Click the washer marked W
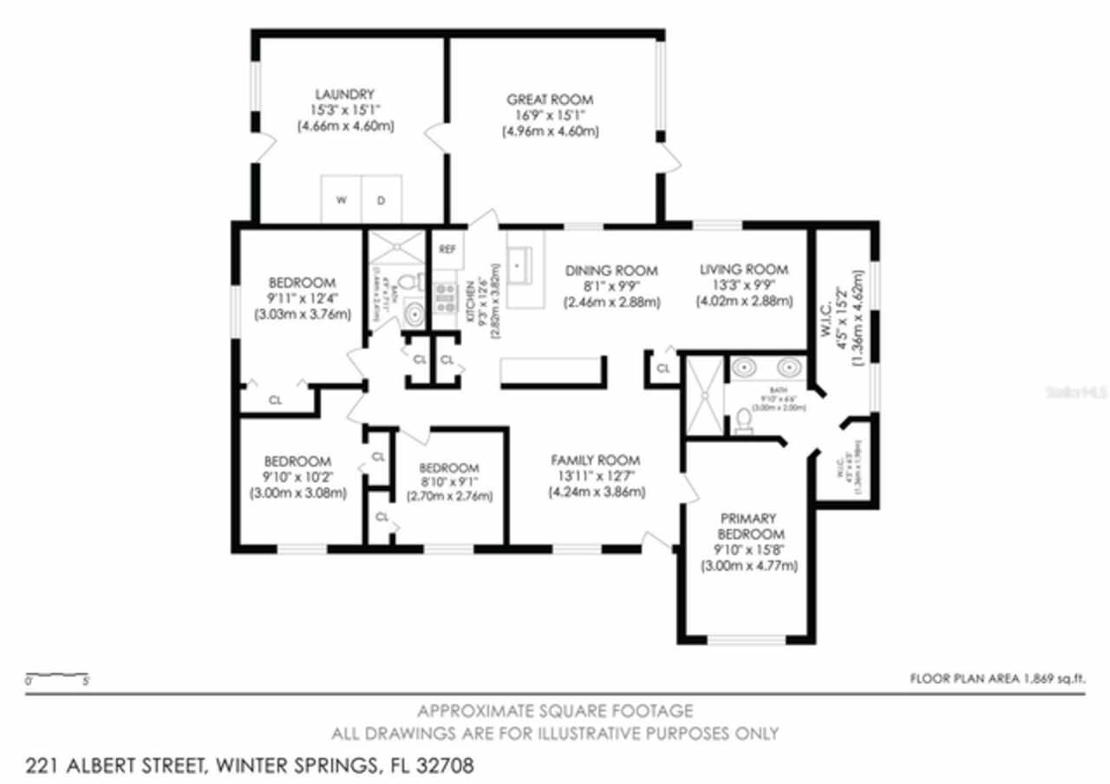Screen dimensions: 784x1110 [x=342, y=199]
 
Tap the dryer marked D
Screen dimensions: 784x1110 [x=382, y=199]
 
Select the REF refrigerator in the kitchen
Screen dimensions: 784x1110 [x=447, y=250]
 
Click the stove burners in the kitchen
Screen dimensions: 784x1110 [x=445, y=298]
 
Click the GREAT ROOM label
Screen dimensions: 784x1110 [x=551, y=100]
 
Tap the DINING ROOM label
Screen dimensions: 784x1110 [x=611, y=271]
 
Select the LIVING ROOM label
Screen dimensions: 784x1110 [x=744, y=270]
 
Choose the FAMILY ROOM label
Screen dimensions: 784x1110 [x=597, y=461]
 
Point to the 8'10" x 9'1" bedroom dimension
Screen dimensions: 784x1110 [x=449, y=481]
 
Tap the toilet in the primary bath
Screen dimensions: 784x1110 [x=744, y=421]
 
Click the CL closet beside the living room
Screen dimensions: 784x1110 [x=663, y=369]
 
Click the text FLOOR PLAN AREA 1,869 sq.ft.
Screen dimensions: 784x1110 [x=997, y=678]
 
